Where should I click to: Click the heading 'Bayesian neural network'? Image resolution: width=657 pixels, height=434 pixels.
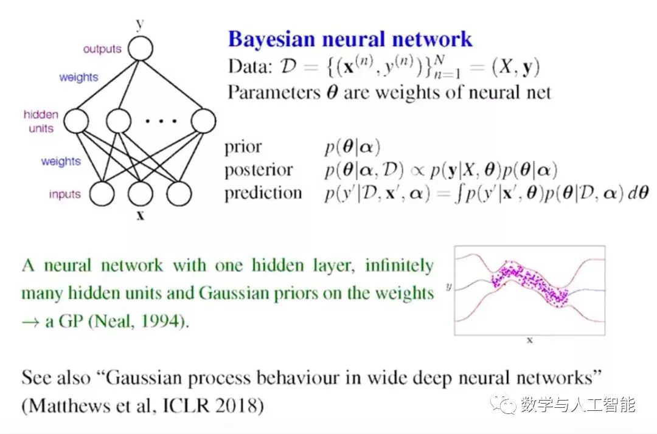click(x=350, y=39)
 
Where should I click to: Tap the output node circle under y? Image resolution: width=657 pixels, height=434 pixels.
click(x=141, y=48)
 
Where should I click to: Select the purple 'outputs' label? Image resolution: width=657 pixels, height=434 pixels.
click(x=102, y=49)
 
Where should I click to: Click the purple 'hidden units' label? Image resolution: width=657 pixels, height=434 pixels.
click(x=41, y=121)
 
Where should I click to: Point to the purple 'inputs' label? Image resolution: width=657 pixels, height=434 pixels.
click(x=65, y=195)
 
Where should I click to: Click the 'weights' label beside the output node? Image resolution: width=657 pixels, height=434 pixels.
click(x=78, y=78)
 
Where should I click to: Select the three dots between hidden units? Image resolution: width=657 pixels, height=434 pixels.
click(x=159, y=121)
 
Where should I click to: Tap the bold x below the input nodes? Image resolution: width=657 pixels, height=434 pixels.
click(x=141, y=215)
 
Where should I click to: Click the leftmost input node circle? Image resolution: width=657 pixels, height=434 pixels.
click(x=102, y=194)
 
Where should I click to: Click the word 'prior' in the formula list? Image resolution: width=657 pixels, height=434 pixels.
click(x=243, y=147)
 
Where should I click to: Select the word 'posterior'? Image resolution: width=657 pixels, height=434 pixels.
click(x=258, y=170)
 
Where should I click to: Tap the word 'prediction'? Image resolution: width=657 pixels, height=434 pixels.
click(x=263, y=193)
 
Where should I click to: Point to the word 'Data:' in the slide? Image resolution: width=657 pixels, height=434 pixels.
click(x=249, y=66)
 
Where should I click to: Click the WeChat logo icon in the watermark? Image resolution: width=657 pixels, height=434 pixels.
click(x=504, y=404)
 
